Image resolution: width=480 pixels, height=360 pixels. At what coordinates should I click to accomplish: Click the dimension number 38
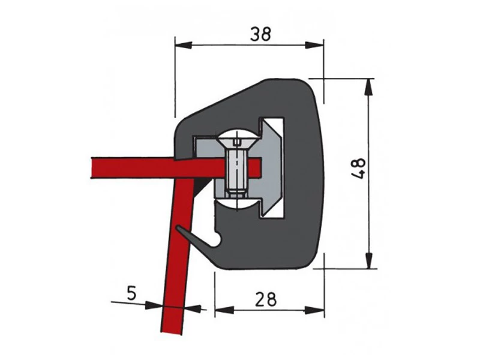pos(262,34)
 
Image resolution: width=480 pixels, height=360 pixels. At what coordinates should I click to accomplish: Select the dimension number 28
pos(265,298)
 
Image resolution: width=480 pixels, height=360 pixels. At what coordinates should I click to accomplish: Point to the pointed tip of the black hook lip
pos(178,229)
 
